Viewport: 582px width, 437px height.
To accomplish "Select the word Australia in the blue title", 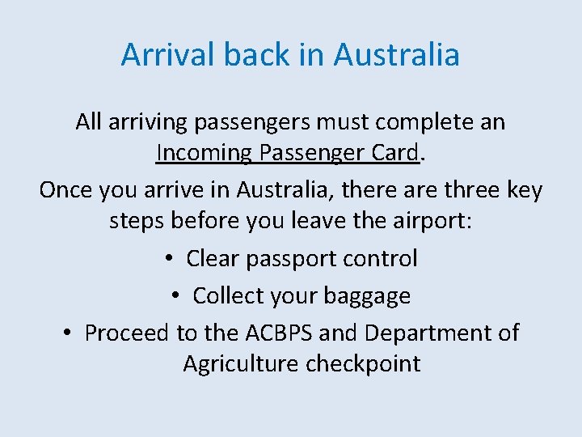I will click(x=396, y=55).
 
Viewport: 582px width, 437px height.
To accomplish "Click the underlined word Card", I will click(x=396, y=152).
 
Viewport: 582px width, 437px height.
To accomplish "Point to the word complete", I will click(x=423, y=122).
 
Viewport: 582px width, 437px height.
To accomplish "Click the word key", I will click(x=524, y=190).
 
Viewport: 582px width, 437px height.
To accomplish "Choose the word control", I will click(x=381, y=259).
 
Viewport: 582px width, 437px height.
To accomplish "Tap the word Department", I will click(x=426, y=333).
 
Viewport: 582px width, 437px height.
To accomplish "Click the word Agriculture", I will click(x=241, y=363).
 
